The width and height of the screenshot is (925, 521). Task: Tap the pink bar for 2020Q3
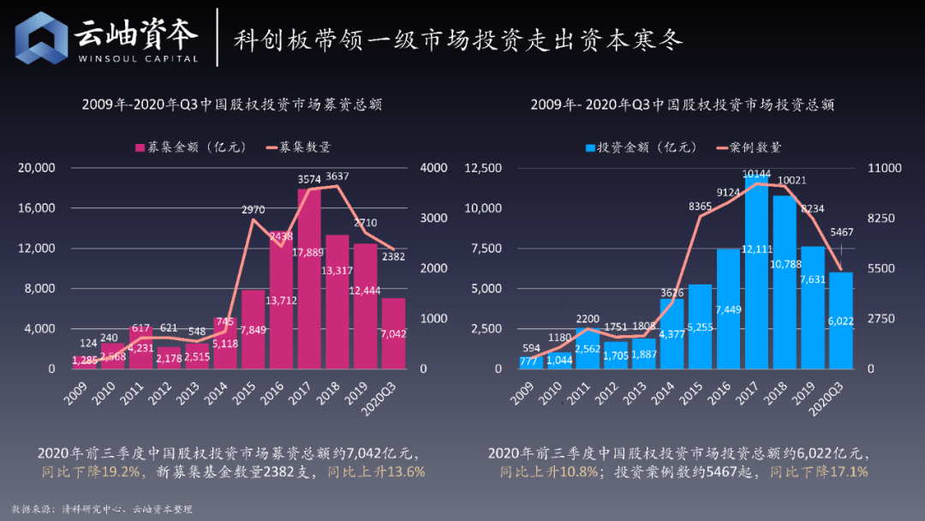click(393, 333)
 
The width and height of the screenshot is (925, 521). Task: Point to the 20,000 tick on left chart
click(38, 168)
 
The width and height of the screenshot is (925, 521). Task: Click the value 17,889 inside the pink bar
click(308, 252)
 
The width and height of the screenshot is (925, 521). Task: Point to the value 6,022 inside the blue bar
click(840, 320)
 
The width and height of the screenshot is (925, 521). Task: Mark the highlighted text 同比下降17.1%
click(819, 472)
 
